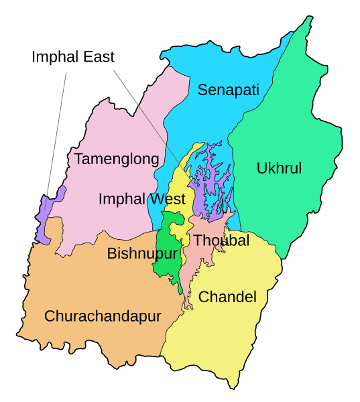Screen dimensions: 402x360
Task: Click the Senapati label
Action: (x=228, y=90)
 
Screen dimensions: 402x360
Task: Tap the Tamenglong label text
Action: (x=117, y=159)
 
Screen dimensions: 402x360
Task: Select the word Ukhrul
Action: (x=279, y=168)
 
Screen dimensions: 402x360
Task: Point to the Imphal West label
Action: (x=141, y=199)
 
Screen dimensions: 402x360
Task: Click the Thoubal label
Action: (x=221, y=241)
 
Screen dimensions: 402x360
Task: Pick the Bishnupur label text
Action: (x=142, y=253)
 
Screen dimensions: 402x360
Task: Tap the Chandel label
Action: (x=227, y=296)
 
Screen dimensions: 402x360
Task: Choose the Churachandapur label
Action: (x=103, y=316)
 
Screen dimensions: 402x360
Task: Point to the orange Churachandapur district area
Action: (x=87, y=281)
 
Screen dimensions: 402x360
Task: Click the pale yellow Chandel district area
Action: (x=221, y=335)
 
